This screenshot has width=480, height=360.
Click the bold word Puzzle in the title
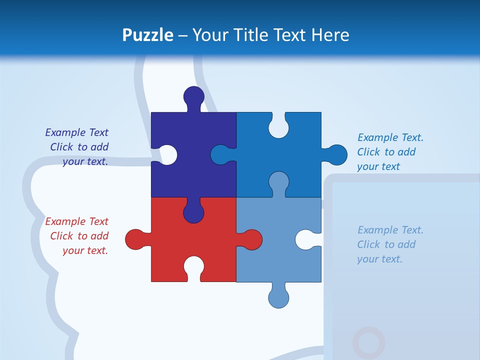tap(147, 35)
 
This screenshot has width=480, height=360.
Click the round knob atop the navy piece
tap(193, 96)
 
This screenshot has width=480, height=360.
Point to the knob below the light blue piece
tap(278, 297)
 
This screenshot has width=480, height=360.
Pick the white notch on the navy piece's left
tap(166, 154)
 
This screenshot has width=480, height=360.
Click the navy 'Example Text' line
tap(76, 132)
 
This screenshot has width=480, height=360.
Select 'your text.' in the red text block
tap(85, 250)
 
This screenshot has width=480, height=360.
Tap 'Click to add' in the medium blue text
tap(386, 152)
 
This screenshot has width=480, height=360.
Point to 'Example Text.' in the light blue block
tap(390, 230)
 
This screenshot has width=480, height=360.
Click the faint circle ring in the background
tap(368, 342)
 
